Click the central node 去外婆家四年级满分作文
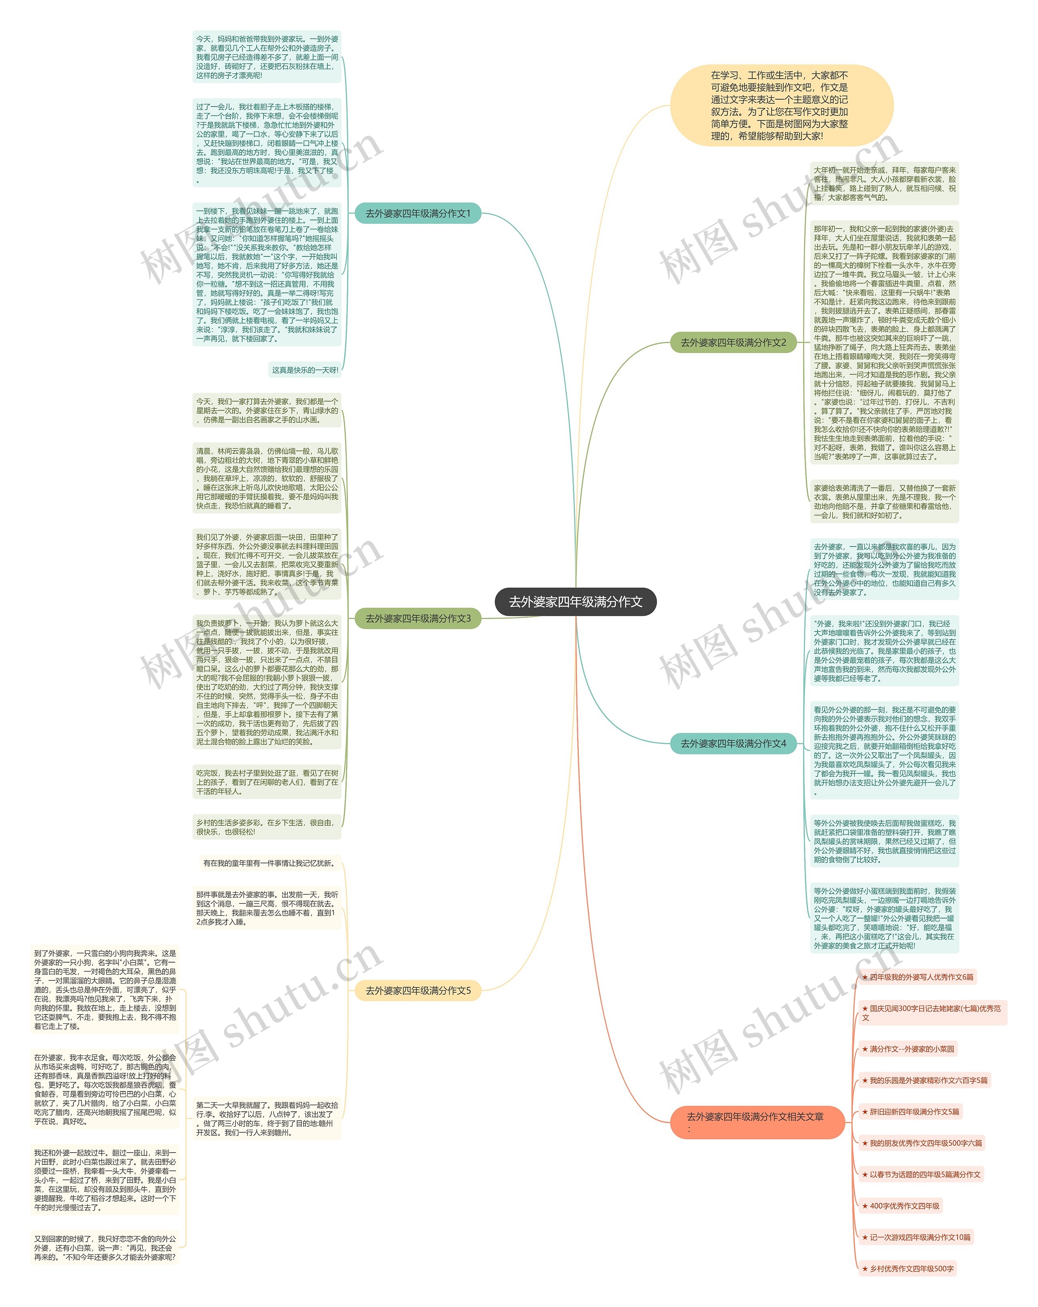575,601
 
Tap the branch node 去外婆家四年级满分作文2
733,342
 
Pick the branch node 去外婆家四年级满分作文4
733,743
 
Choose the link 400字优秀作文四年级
904,1206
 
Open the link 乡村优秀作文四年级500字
911,1268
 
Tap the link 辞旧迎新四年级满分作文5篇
914,1112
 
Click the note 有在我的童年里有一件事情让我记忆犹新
269,863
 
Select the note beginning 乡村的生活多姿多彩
266,827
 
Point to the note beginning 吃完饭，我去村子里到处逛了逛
266,782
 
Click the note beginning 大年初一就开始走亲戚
884,183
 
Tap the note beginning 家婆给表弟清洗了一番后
884,501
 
